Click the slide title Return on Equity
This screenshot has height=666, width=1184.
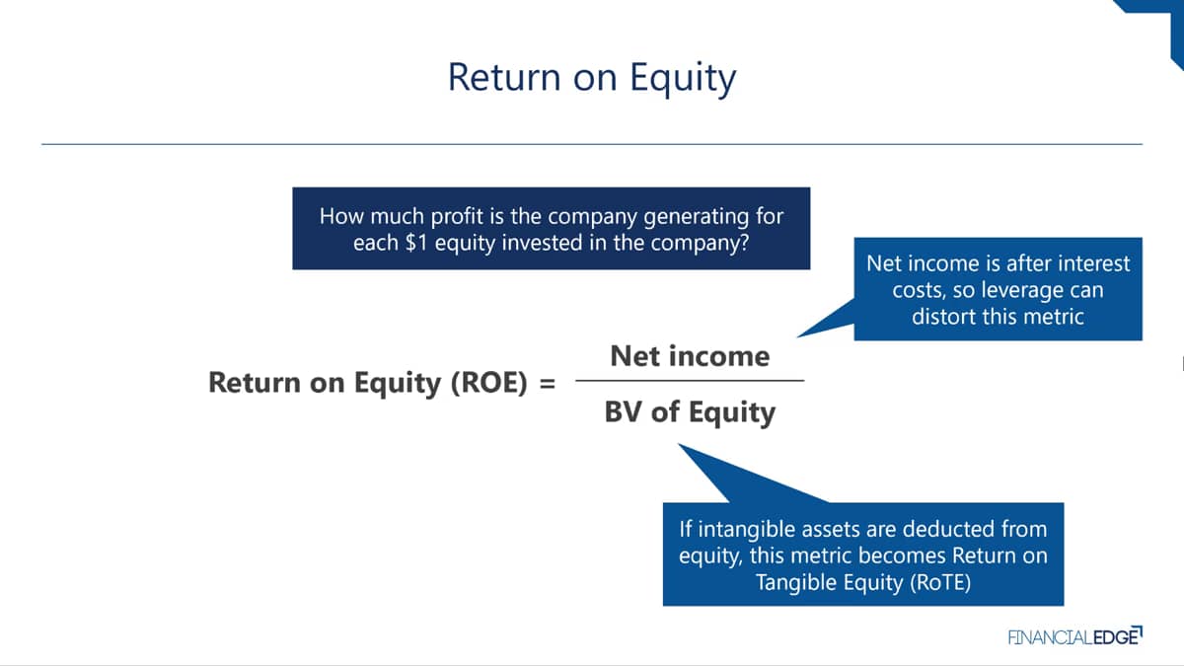[591, 78]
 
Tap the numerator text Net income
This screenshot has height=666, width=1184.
[690, 356]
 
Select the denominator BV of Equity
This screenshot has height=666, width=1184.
[690, 412]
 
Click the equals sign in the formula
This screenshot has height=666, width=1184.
[548, 383]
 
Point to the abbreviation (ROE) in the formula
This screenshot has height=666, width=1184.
[489, 383]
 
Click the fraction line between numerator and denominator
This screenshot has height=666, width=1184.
[690, 381]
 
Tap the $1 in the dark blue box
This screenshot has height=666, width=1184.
[416, 243]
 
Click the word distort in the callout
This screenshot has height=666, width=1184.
[937, 317]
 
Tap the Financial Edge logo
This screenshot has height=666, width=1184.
[1075, 636]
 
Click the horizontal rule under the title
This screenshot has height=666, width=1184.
[592, 144]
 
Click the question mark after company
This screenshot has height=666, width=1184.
[744, 243]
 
